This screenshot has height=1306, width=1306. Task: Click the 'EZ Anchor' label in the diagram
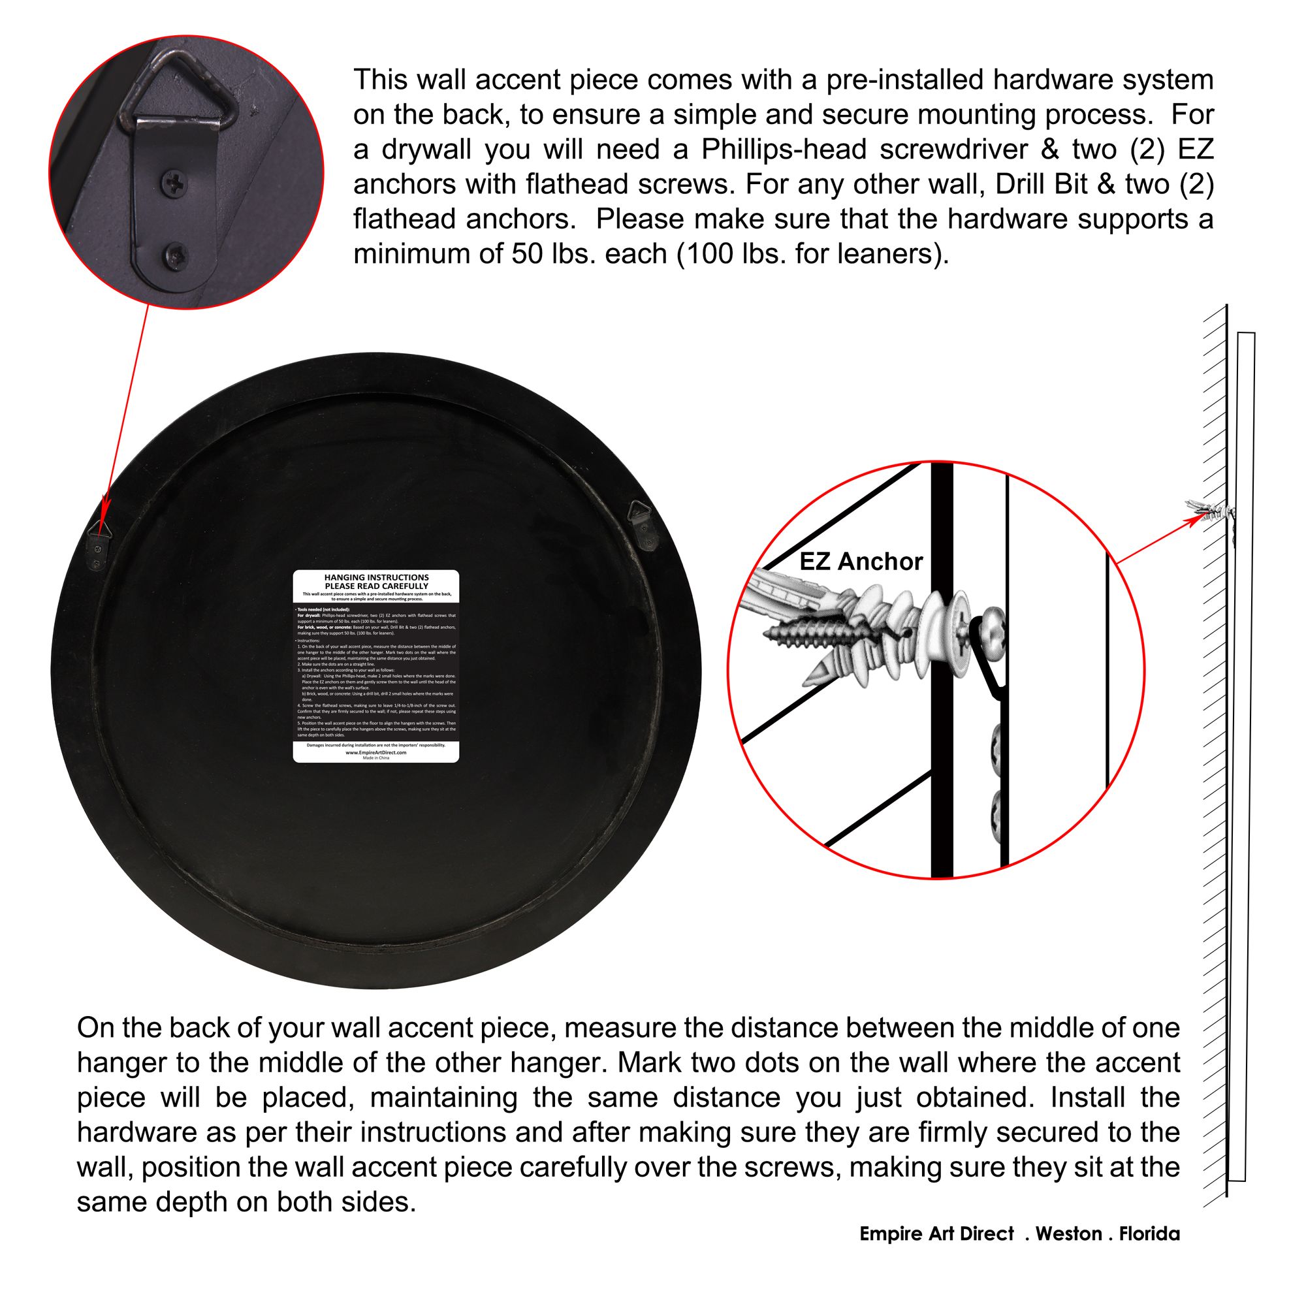861,562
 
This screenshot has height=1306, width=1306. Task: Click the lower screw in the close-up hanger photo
175,255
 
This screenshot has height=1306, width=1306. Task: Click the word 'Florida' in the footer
1149,1234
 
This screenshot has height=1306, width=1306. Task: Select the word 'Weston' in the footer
1069,1234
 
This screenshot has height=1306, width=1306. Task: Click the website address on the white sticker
376,752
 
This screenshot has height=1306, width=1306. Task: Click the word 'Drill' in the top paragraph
1023,184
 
